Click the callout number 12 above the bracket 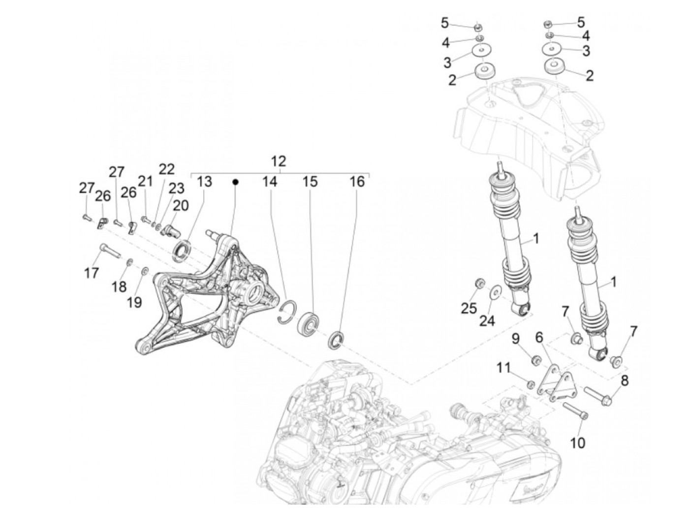point(278,161)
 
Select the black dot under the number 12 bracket point(235,182)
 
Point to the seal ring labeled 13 point(182,248)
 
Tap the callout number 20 point(181,205)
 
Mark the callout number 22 point(166,169)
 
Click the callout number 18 point(119,286)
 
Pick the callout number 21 point(145,182)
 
